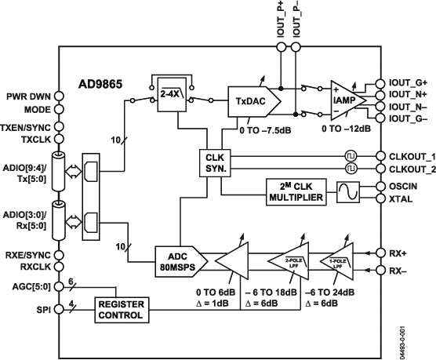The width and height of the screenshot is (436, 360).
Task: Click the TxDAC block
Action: click(x=250, y=101)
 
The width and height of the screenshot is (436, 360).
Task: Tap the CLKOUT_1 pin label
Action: click(x=409, y=155)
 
